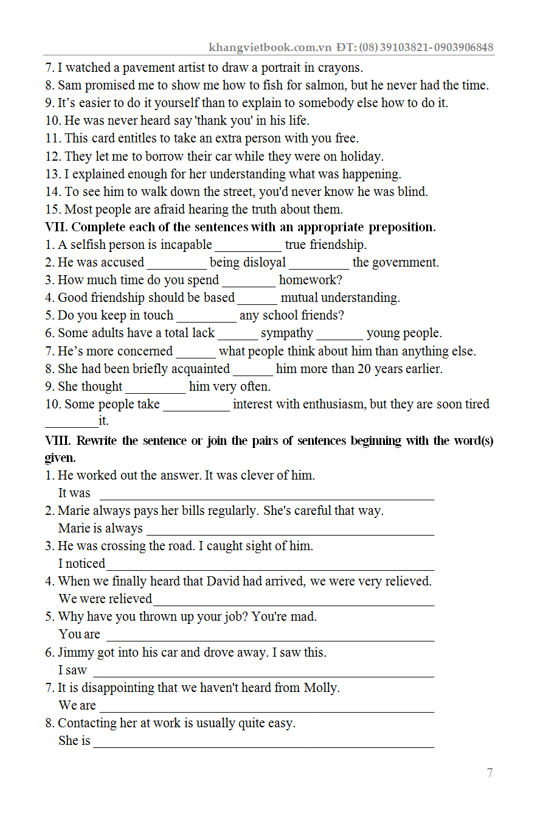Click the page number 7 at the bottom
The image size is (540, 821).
(490, 773)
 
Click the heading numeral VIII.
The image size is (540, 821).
(59, 441)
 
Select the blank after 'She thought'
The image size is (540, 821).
(155, 388)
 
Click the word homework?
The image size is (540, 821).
(311, 281)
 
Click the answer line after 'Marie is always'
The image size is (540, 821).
(290, 530)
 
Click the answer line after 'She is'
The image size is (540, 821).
(263, 742)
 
